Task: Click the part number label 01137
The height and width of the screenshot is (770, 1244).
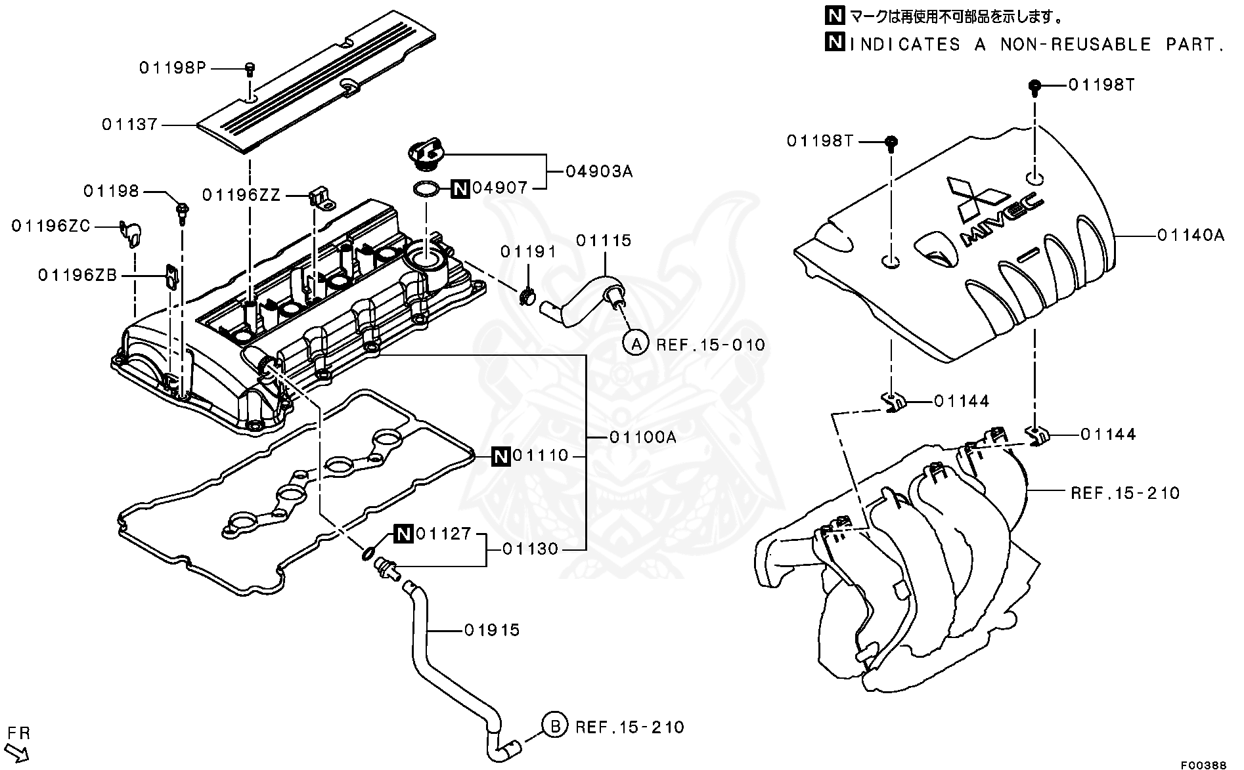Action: pos(129,124)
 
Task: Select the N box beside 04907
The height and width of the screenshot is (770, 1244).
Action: pos(460,189)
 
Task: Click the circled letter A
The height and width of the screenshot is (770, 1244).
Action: pos(635,343)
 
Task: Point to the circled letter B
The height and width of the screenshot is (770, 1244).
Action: pos(554,726)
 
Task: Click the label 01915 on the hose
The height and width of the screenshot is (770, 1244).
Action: pos(492,630)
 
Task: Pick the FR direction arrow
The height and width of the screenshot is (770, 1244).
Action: pos(18,750)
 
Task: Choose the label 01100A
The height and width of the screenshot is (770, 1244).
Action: pos(642,437)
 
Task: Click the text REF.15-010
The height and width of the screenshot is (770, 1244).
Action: pos(711,345)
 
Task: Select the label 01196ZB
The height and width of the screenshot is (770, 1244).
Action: pos(78,275)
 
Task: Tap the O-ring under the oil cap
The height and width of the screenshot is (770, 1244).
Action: pos(426,190)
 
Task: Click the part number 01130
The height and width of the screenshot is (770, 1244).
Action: pos(530,549)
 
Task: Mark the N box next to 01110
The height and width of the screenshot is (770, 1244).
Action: pos(500,456)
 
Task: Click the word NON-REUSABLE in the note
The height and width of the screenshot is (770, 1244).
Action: pos(1076,44)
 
